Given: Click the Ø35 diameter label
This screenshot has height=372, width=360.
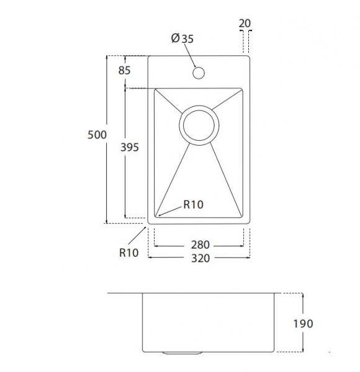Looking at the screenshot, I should click(x=182, y=38).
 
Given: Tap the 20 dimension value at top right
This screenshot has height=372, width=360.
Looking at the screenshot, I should click(x=245, y=24).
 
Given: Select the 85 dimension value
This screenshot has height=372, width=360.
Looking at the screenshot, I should click(x=124, y=71).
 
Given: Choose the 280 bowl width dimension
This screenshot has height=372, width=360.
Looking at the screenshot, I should click(x=199, y=244).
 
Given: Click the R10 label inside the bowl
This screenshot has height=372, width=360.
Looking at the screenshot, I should click(x=193, y=205).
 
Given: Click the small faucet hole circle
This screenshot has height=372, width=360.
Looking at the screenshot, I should click(x=199, y=73).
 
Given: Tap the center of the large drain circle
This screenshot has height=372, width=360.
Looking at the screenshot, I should click(x=199, y=126).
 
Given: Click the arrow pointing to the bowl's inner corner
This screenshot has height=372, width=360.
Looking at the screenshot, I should click(x=161, y=215).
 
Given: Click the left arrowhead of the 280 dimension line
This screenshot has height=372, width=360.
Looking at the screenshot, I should click(x=156, y=246).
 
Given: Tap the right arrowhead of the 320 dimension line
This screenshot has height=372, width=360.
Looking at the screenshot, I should click(x=248, y=259).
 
